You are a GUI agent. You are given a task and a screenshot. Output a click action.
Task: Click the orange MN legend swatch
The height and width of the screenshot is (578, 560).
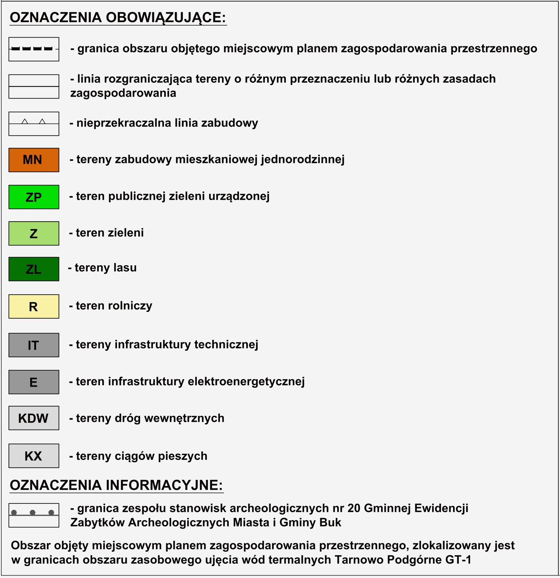pyautogui.click(x=34, y=160)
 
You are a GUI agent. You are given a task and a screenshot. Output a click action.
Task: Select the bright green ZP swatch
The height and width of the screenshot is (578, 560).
pyautogui.click(x=34, y=197)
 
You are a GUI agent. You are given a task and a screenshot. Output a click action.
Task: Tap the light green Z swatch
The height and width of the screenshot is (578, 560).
pyautogui.click(x=34, y=233)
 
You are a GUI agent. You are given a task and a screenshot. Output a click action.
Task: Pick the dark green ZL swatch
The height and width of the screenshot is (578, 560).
pyautogui.click(x=34, y=269)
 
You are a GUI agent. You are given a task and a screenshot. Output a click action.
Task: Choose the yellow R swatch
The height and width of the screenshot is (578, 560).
pyautogui.click(x=34, y=307)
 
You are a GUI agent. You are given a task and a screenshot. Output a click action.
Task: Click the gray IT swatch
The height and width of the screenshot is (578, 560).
pyautogui.click(x=34, y=345)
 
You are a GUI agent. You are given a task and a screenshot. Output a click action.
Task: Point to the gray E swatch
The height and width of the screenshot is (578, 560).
pyautogui.click(x=34, y=382)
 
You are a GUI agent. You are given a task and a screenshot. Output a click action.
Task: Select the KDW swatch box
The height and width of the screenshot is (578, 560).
pyautogui.click(x=34, y=418)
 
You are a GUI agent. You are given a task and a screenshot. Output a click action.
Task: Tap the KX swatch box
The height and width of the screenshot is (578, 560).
pyautogui.click(x=34, y=456)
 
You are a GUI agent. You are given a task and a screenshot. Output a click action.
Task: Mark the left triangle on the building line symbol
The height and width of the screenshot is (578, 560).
pyautogui.click(x=25, y=121)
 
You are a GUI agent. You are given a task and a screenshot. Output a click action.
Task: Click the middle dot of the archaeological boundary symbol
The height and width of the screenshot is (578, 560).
pyautogui.click(x=33, y=512)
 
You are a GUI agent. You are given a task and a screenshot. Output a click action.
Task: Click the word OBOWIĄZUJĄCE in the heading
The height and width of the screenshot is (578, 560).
pyautogui.click(x=166, y=18)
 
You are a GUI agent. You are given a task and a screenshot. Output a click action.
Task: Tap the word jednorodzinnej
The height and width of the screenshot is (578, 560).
pyautogui.click(x=303, y=159)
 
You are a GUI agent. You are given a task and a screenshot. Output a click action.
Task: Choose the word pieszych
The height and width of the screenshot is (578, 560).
pyautogui.click(x=182, y=456)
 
